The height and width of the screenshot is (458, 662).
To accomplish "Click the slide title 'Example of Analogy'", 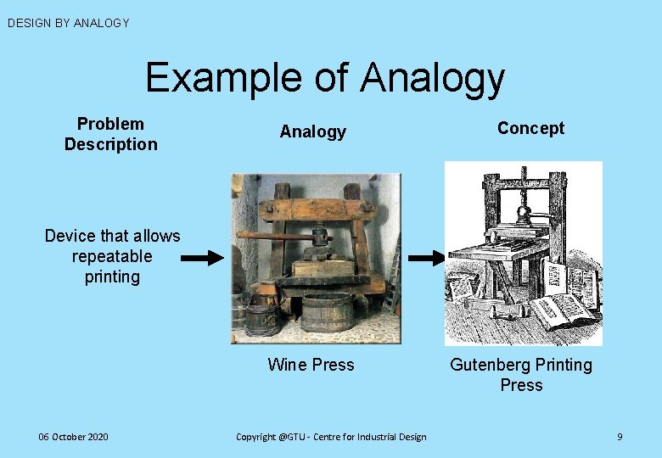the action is (x=325, y=78).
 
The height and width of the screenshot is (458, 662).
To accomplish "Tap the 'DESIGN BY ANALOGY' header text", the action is (x=69, y=23).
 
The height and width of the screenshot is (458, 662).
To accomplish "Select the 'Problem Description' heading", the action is (x=111, y=134).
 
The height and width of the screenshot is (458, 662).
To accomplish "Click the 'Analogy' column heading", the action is (x=313, y=131).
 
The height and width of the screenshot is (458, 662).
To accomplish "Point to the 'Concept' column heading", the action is (x=530, y=128).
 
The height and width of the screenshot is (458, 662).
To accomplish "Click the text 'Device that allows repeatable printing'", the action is (x=112, y=256).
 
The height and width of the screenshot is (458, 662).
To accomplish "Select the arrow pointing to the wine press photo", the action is (x=205, y=259).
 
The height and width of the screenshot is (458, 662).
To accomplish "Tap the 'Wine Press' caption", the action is (x=311, y=365).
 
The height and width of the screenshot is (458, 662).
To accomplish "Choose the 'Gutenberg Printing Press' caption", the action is (x=521, y=374).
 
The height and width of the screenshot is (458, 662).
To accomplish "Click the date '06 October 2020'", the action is (x=73, y=437).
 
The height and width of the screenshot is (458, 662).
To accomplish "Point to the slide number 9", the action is (x=620, y=437).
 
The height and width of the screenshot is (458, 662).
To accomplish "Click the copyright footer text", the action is (x=331, y=437).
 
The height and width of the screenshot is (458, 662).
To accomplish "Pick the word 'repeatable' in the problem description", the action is (x=112, y=256).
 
